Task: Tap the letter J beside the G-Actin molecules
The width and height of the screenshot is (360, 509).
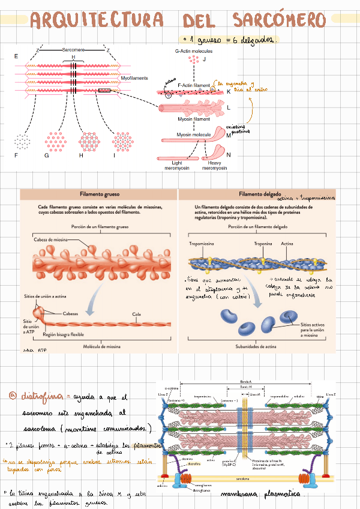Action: point(205,59)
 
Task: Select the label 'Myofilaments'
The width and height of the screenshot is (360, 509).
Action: point(134,77)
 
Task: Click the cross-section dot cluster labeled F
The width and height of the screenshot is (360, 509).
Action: point(23,142)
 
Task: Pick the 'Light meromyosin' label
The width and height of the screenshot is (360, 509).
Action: point(177,165)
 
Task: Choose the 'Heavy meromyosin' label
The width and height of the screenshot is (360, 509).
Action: point(214,165)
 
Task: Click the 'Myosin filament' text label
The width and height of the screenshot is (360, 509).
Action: point(193,119)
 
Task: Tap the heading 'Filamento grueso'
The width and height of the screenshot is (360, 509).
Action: point(98,194)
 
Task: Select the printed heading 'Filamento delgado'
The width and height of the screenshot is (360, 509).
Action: point(259,194)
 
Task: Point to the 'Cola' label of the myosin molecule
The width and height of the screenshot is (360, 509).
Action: point(136,314)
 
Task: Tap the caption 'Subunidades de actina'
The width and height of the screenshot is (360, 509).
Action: point(259,346)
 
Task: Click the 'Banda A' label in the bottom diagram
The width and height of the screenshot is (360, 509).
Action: point(245,381)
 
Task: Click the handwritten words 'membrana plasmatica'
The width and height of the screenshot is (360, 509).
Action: point(271,495)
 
